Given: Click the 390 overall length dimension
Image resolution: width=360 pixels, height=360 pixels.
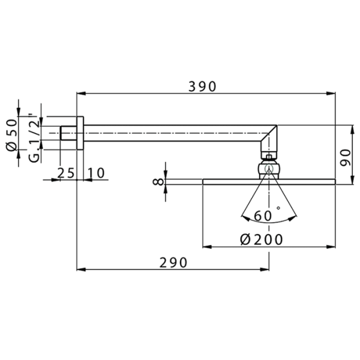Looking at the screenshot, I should coord(202,86).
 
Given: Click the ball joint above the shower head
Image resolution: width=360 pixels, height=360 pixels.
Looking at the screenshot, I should coord(269,168).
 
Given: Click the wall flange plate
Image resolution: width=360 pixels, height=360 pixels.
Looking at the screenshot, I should coord(80,131).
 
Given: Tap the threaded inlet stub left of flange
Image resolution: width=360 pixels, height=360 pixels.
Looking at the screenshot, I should coord(68,131).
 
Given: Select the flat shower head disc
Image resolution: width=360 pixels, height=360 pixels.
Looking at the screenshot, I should coord(269,181).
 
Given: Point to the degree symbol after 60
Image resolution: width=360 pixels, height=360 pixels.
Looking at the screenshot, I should coord(278,208).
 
